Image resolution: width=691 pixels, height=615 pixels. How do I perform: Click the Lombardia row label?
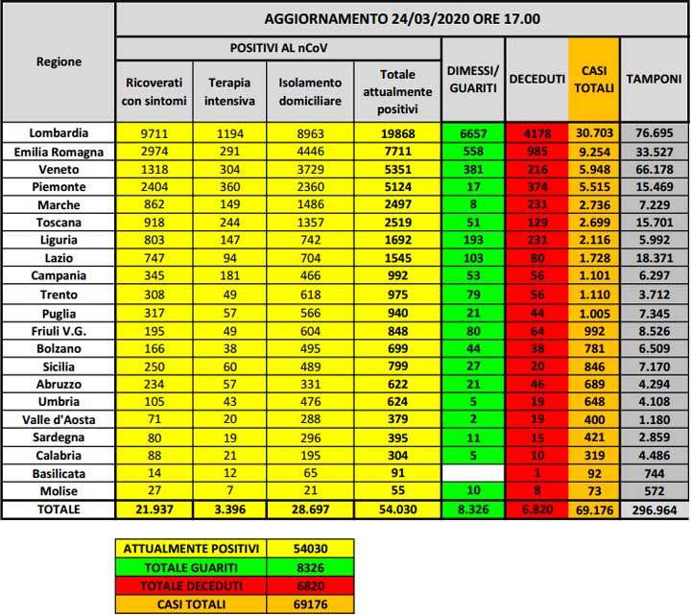(59, 133)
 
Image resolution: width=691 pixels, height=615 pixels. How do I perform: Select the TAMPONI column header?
(655, 81)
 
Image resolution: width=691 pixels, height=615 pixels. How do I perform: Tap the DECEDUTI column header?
(536, 81)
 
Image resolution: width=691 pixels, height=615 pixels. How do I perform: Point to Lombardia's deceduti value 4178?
(536, 133)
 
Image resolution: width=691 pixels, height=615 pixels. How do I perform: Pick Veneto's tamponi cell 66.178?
(655, 169)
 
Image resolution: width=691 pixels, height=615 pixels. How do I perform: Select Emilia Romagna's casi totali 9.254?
(594, 152)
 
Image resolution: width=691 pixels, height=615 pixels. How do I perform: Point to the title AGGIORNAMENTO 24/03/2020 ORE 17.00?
(401, 19)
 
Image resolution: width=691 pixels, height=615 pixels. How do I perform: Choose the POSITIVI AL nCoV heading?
(278, 47)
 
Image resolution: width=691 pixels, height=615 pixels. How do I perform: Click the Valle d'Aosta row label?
(59, 418)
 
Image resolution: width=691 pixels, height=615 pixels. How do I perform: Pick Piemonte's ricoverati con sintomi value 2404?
(154, 187)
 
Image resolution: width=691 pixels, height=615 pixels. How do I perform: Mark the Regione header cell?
(59, 61)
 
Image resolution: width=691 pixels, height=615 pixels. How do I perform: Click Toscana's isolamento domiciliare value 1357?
(311, 223)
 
